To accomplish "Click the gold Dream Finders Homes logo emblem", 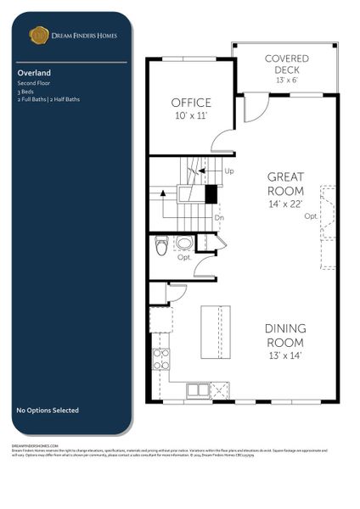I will (39, 35).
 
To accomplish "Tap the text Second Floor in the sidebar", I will (33, 83).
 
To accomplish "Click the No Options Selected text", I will (48, 411).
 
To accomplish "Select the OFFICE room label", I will (191, 103).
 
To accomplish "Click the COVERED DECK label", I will (286, 64).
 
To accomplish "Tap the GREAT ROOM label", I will (285, 183).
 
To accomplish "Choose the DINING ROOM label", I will (285, 334).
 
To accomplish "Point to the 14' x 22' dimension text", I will (285, 204).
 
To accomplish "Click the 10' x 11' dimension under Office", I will (191, 115).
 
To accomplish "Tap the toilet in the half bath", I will (162, 246).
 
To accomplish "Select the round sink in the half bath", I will (184, 244).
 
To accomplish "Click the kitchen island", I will (215, 331).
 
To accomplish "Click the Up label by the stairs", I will (229, 171).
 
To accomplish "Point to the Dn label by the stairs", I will (218, 217).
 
